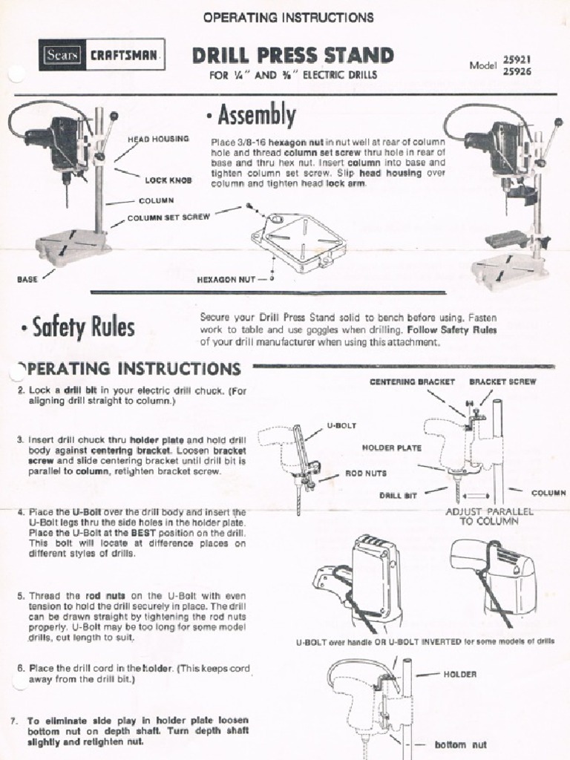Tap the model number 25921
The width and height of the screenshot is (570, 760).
[517, 59]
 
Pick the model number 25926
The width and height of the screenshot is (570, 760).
[517, 72]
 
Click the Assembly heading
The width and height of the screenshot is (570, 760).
[252, 116]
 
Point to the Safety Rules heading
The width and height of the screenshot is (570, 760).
[79, 327]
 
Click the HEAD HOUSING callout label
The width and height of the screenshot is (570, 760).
[158, 139]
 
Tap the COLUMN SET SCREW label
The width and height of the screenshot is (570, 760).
[168, 217]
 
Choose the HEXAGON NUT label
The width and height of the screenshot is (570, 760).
[226, 281]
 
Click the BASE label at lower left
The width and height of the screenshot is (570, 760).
[27, 281]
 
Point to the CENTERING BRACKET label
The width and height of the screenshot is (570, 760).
[412, 381]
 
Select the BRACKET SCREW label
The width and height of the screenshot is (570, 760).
[502, 381]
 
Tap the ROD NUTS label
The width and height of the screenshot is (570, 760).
[365, 473]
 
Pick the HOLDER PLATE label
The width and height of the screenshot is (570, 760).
[391, 448]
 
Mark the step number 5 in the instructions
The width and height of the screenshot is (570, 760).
[21, 596]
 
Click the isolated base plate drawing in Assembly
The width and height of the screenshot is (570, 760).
[298, 241]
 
